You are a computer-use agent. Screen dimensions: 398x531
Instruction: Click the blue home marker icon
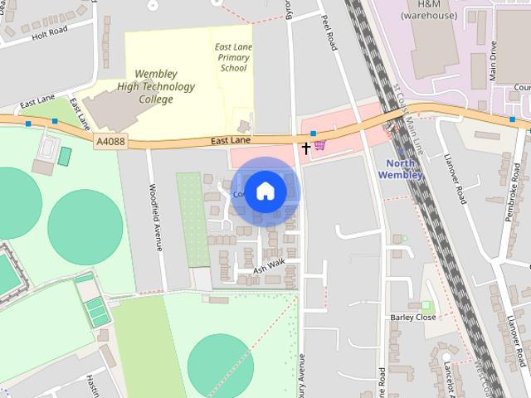point(265,191)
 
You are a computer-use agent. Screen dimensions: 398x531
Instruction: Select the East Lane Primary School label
point(231,57)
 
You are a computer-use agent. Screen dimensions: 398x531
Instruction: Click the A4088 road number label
point(110,142)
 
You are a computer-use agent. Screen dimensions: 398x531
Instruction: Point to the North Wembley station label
point(400,168)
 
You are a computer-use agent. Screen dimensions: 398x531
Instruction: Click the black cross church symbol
point(306,148)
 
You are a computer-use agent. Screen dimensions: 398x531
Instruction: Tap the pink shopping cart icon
point(319,145)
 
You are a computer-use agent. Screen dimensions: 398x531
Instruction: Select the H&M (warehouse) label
point(417,10)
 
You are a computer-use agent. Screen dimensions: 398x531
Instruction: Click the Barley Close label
point(412,318)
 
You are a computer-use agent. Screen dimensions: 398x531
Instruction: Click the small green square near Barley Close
point(426,306)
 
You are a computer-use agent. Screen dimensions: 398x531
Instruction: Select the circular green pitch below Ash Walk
point(220,365)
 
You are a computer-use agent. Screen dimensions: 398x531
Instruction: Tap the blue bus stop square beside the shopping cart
point(313,132)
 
